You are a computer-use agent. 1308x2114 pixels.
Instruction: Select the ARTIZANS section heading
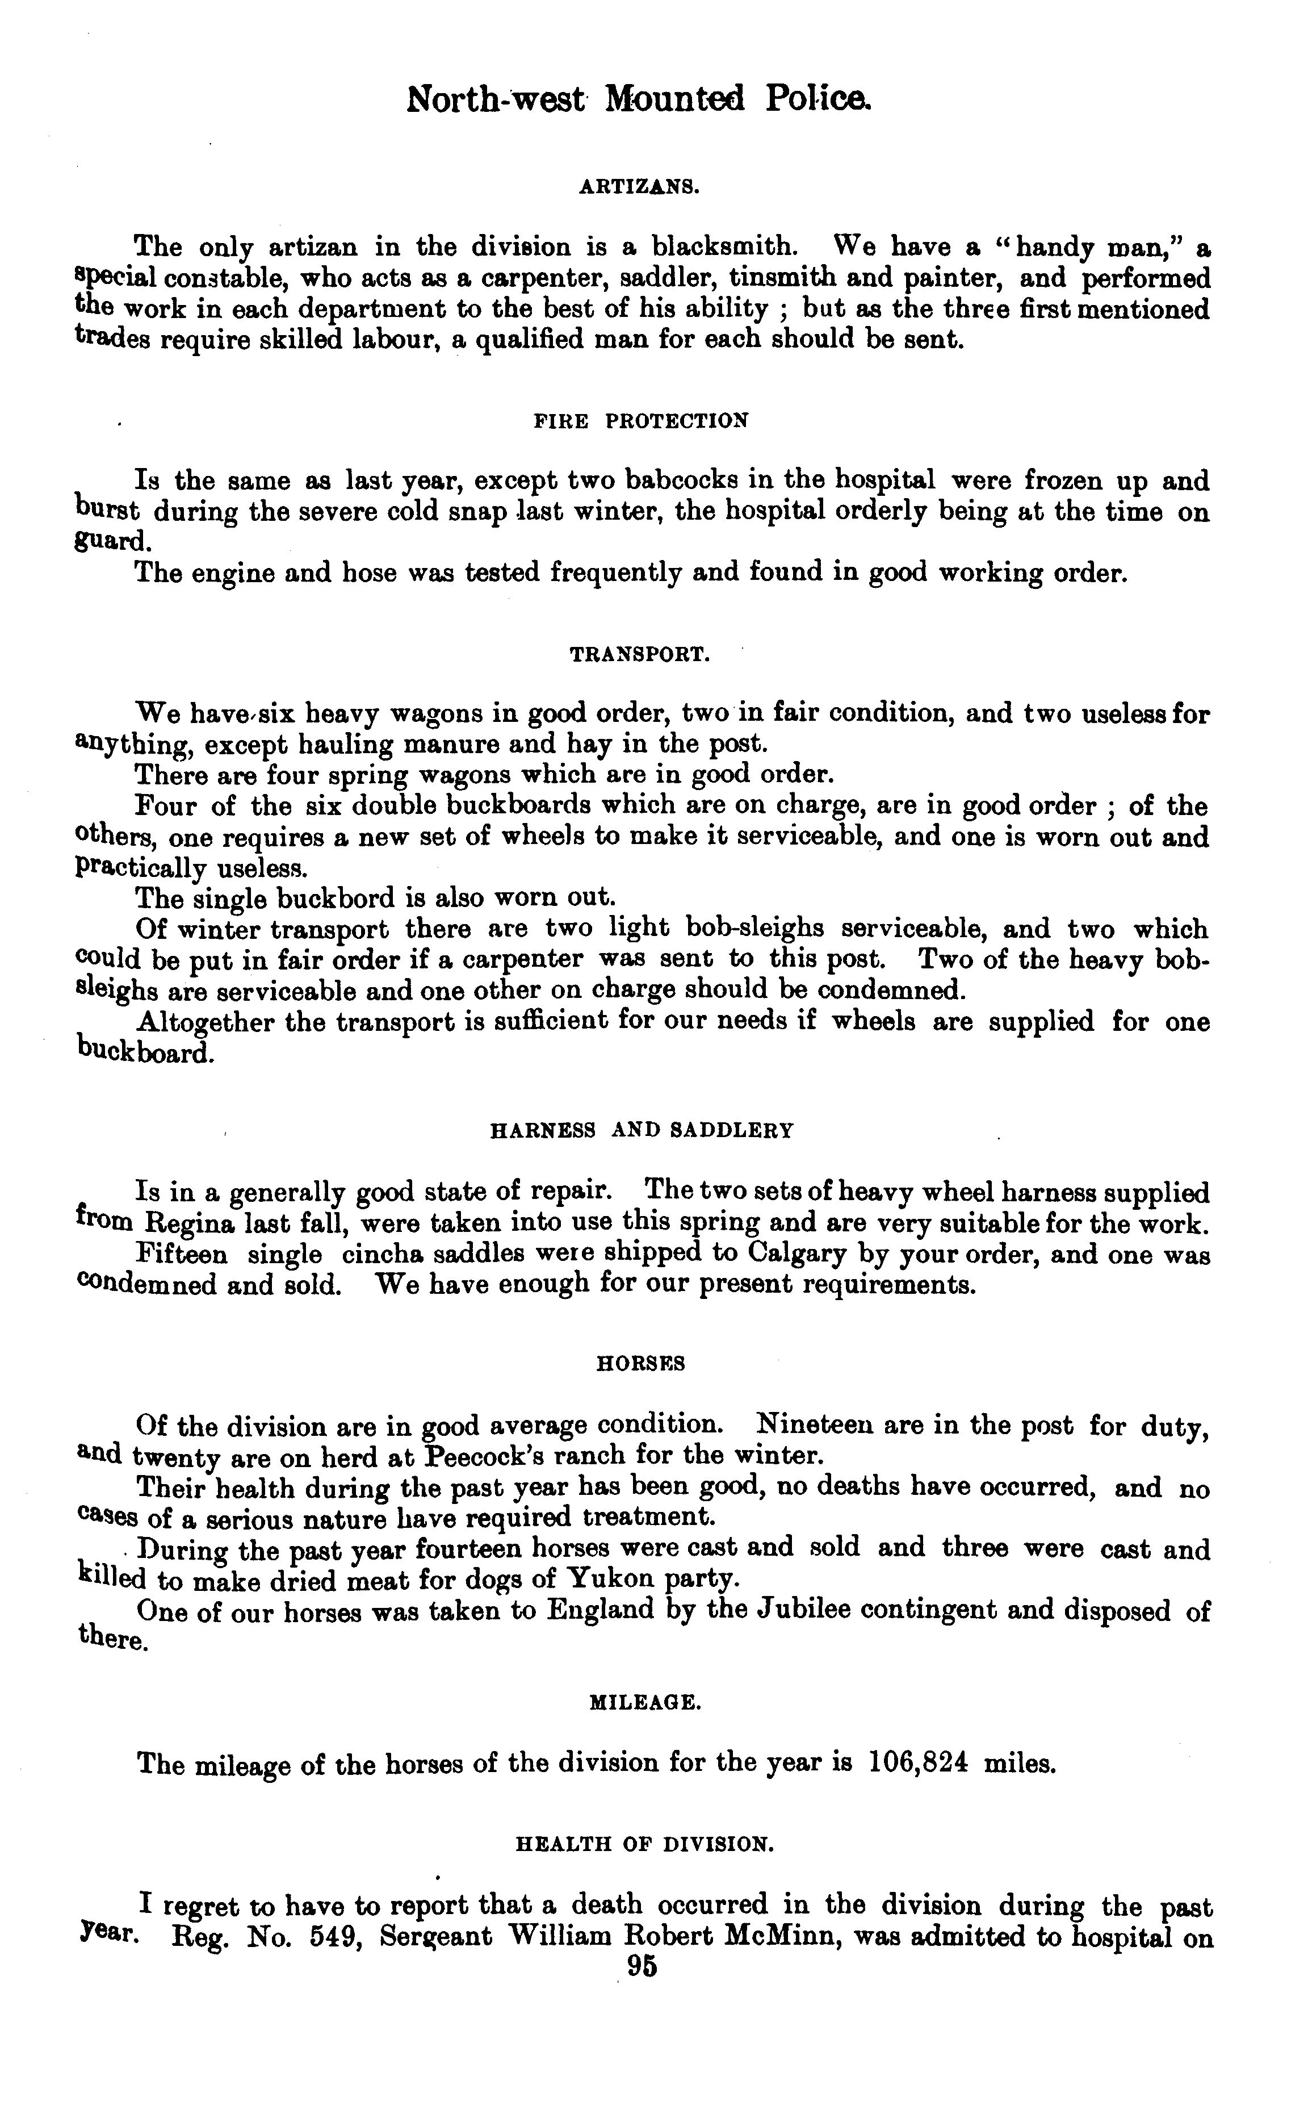coord(639,186)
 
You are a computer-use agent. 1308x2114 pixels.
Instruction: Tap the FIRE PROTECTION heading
coord(640,421)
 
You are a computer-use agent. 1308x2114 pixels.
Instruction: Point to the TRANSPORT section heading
coord(640,655)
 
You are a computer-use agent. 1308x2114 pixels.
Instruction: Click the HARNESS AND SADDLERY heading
coord(641,1131)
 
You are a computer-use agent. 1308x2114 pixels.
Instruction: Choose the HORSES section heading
coord(641,1364)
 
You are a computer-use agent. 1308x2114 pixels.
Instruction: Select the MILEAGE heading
coord(644,1703)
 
